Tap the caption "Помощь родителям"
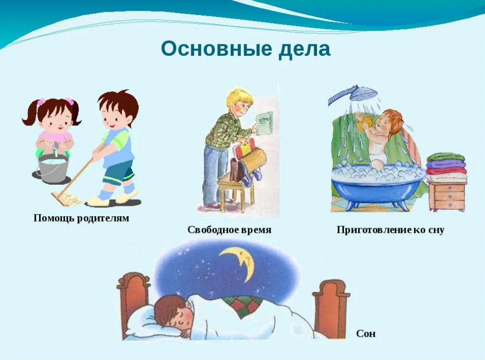point(81,218)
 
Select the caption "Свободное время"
point(229,230)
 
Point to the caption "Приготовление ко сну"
point(390,230)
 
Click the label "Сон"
point(366,333)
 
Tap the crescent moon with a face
point(238,262)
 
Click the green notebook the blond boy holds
point(265,123)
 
